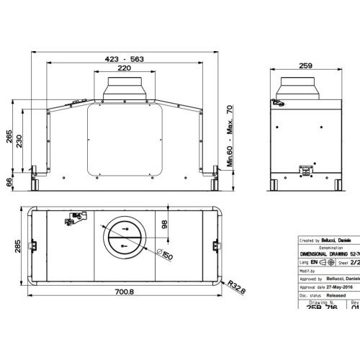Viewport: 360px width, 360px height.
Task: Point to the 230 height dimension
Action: pos(20,142)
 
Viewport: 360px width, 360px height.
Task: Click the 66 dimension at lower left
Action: pos(9,183)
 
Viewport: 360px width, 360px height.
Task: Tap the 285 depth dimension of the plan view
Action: pos(9,248)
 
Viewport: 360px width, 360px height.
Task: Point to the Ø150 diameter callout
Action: pos(165,256)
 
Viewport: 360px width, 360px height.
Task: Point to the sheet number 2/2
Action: pos(354,264)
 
